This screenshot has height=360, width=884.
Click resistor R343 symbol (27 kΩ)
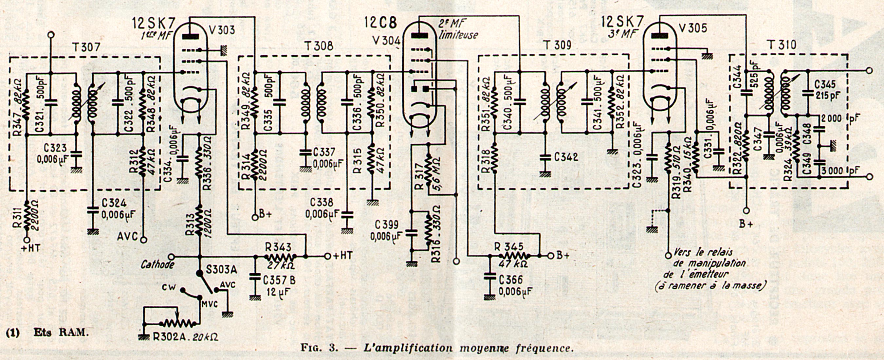[x=280, y=257]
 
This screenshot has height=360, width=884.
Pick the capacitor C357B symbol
[x=255, y=276]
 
